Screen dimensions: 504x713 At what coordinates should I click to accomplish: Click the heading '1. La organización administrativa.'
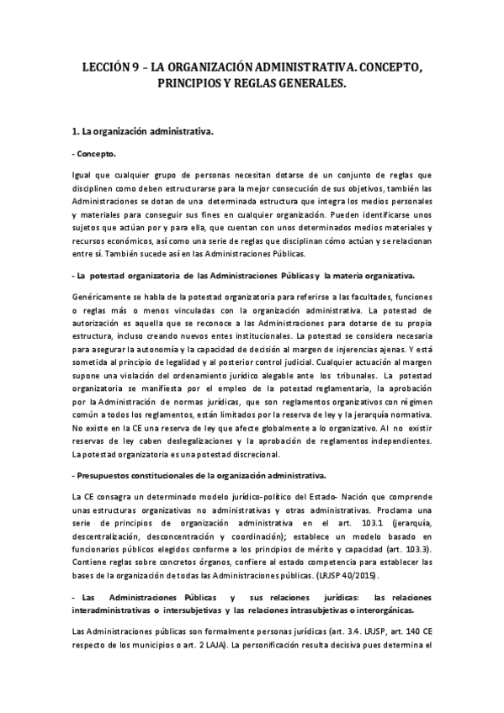144,132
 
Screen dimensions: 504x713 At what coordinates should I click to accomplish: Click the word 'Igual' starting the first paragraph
84,175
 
